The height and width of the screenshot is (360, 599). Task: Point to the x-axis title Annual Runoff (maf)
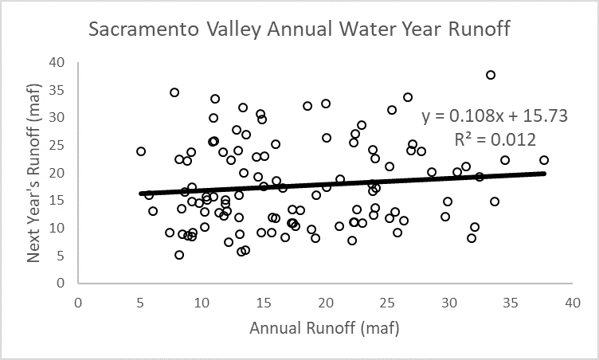tap(323, 328)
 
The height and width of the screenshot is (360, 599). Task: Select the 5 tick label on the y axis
tap(60, 255)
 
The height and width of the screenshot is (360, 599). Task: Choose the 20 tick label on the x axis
tap(325, 303)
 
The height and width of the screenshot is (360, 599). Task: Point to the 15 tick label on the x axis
tap(264, 303)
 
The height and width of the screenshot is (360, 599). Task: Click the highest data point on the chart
tap(491, 75)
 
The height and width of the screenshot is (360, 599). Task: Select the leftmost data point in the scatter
tap(141, 151)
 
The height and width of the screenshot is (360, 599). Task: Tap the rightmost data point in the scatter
tap(544, 160)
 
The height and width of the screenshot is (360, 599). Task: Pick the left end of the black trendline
tap(141, 194)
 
